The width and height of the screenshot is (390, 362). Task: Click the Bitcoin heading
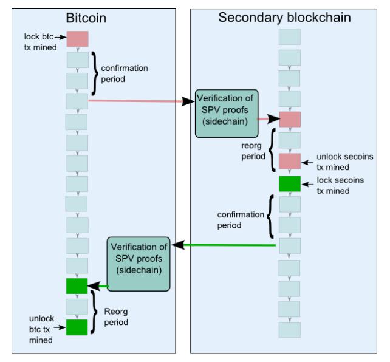tap(86, 18)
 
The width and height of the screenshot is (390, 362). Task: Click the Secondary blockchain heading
tap(284, 18)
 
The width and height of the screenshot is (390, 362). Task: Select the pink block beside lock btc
tap(77, 39)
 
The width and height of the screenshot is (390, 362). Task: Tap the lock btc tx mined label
tap(40, 42)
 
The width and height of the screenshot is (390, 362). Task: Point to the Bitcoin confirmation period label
tap(125, 73)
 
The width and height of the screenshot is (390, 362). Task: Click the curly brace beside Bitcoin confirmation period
tap(95, 73)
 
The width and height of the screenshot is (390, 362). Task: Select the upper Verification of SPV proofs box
tap(227, 114)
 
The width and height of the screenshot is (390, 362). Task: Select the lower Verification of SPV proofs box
tap(139, 264)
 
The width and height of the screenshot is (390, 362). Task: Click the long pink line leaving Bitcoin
tap(135, 101)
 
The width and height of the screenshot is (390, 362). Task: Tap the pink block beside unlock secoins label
tap(290, 162)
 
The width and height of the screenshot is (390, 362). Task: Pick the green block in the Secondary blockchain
tap(290, 184)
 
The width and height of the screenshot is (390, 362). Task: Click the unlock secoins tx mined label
tap(344, 162)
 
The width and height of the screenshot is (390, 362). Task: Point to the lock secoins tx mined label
tap(340, 185)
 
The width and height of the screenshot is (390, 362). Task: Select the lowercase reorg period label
tap(253, 151)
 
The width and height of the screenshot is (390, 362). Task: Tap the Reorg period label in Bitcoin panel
tap(116, 317)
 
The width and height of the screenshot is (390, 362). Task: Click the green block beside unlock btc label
tap(77, 327)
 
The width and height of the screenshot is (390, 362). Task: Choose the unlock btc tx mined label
tap(41, 329)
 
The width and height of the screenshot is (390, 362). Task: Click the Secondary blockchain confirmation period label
tap(241, 220)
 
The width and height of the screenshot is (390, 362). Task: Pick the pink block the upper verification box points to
tap(290, 119)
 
